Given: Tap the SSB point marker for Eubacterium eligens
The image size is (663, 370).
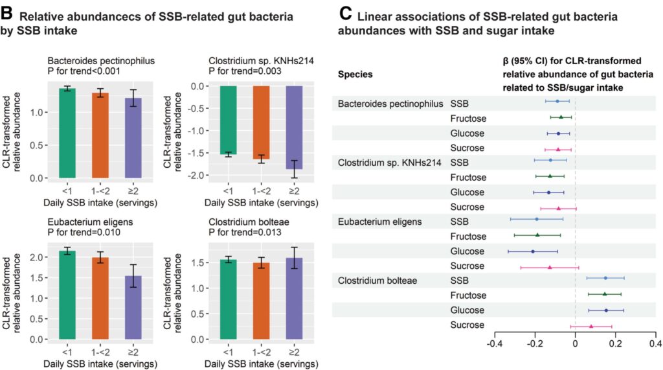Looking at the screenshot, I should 537,219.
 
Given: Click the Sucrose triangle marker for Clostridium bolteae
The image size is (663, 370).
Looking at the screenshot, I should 591,326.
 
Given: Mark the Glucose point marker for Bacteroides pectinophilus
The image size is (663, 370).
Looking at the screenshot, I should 558,133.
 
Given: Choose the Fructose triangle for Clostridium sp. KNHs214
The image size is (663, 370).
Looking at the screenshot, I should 550,176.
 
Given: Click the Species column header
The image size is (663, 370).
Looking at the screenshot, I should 355,74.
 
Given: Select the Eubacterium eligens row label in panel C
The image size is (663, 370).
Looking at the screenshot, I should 379,221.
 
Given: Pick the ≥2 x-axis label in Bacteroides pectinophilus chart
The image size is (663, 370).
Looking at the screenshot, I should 133,191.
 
